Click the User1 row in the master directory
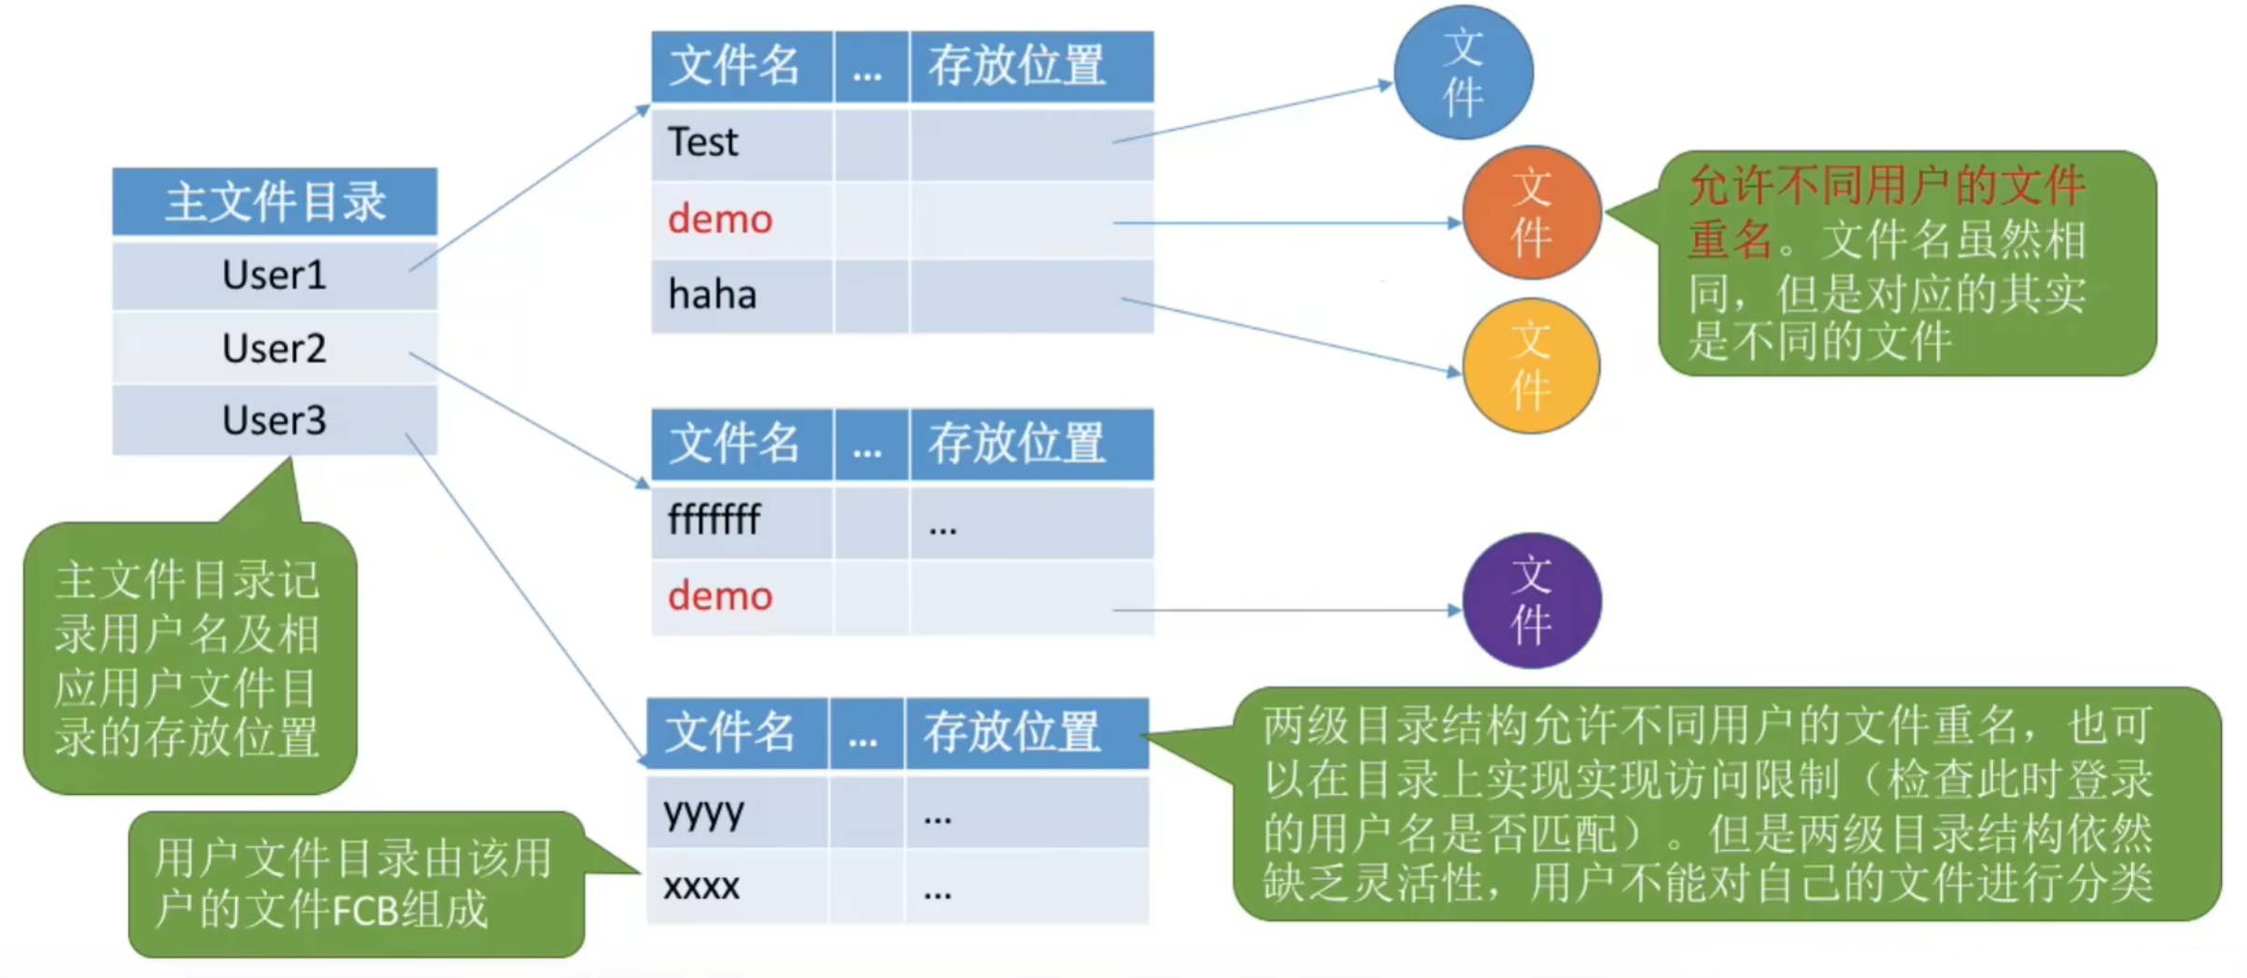click(274, 276)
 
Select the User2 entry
click(274, 348)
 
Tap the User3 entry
click(274, 420)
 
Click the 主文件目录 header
click(275, 202)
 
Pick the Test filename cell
click(703, 143)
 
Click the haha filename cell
click(712, 295)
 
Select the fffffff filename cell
click(714, 519)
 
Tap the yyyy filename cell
click(703, 813)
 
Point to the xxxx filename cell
click(701, 886)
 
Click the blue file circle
click(1463, 73)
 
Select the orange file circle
click(1532, 213)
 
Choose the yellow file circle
click(1531, 365)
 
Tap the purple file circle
click(1532, 601)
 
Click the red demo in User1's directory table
click(720, 220)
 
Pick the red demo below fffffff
click(720, 596)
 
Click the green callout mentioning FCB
click(355, 884)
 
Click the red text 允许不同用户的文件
click(1887, 186)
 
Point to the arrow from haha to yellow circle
click(1289, 335)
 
